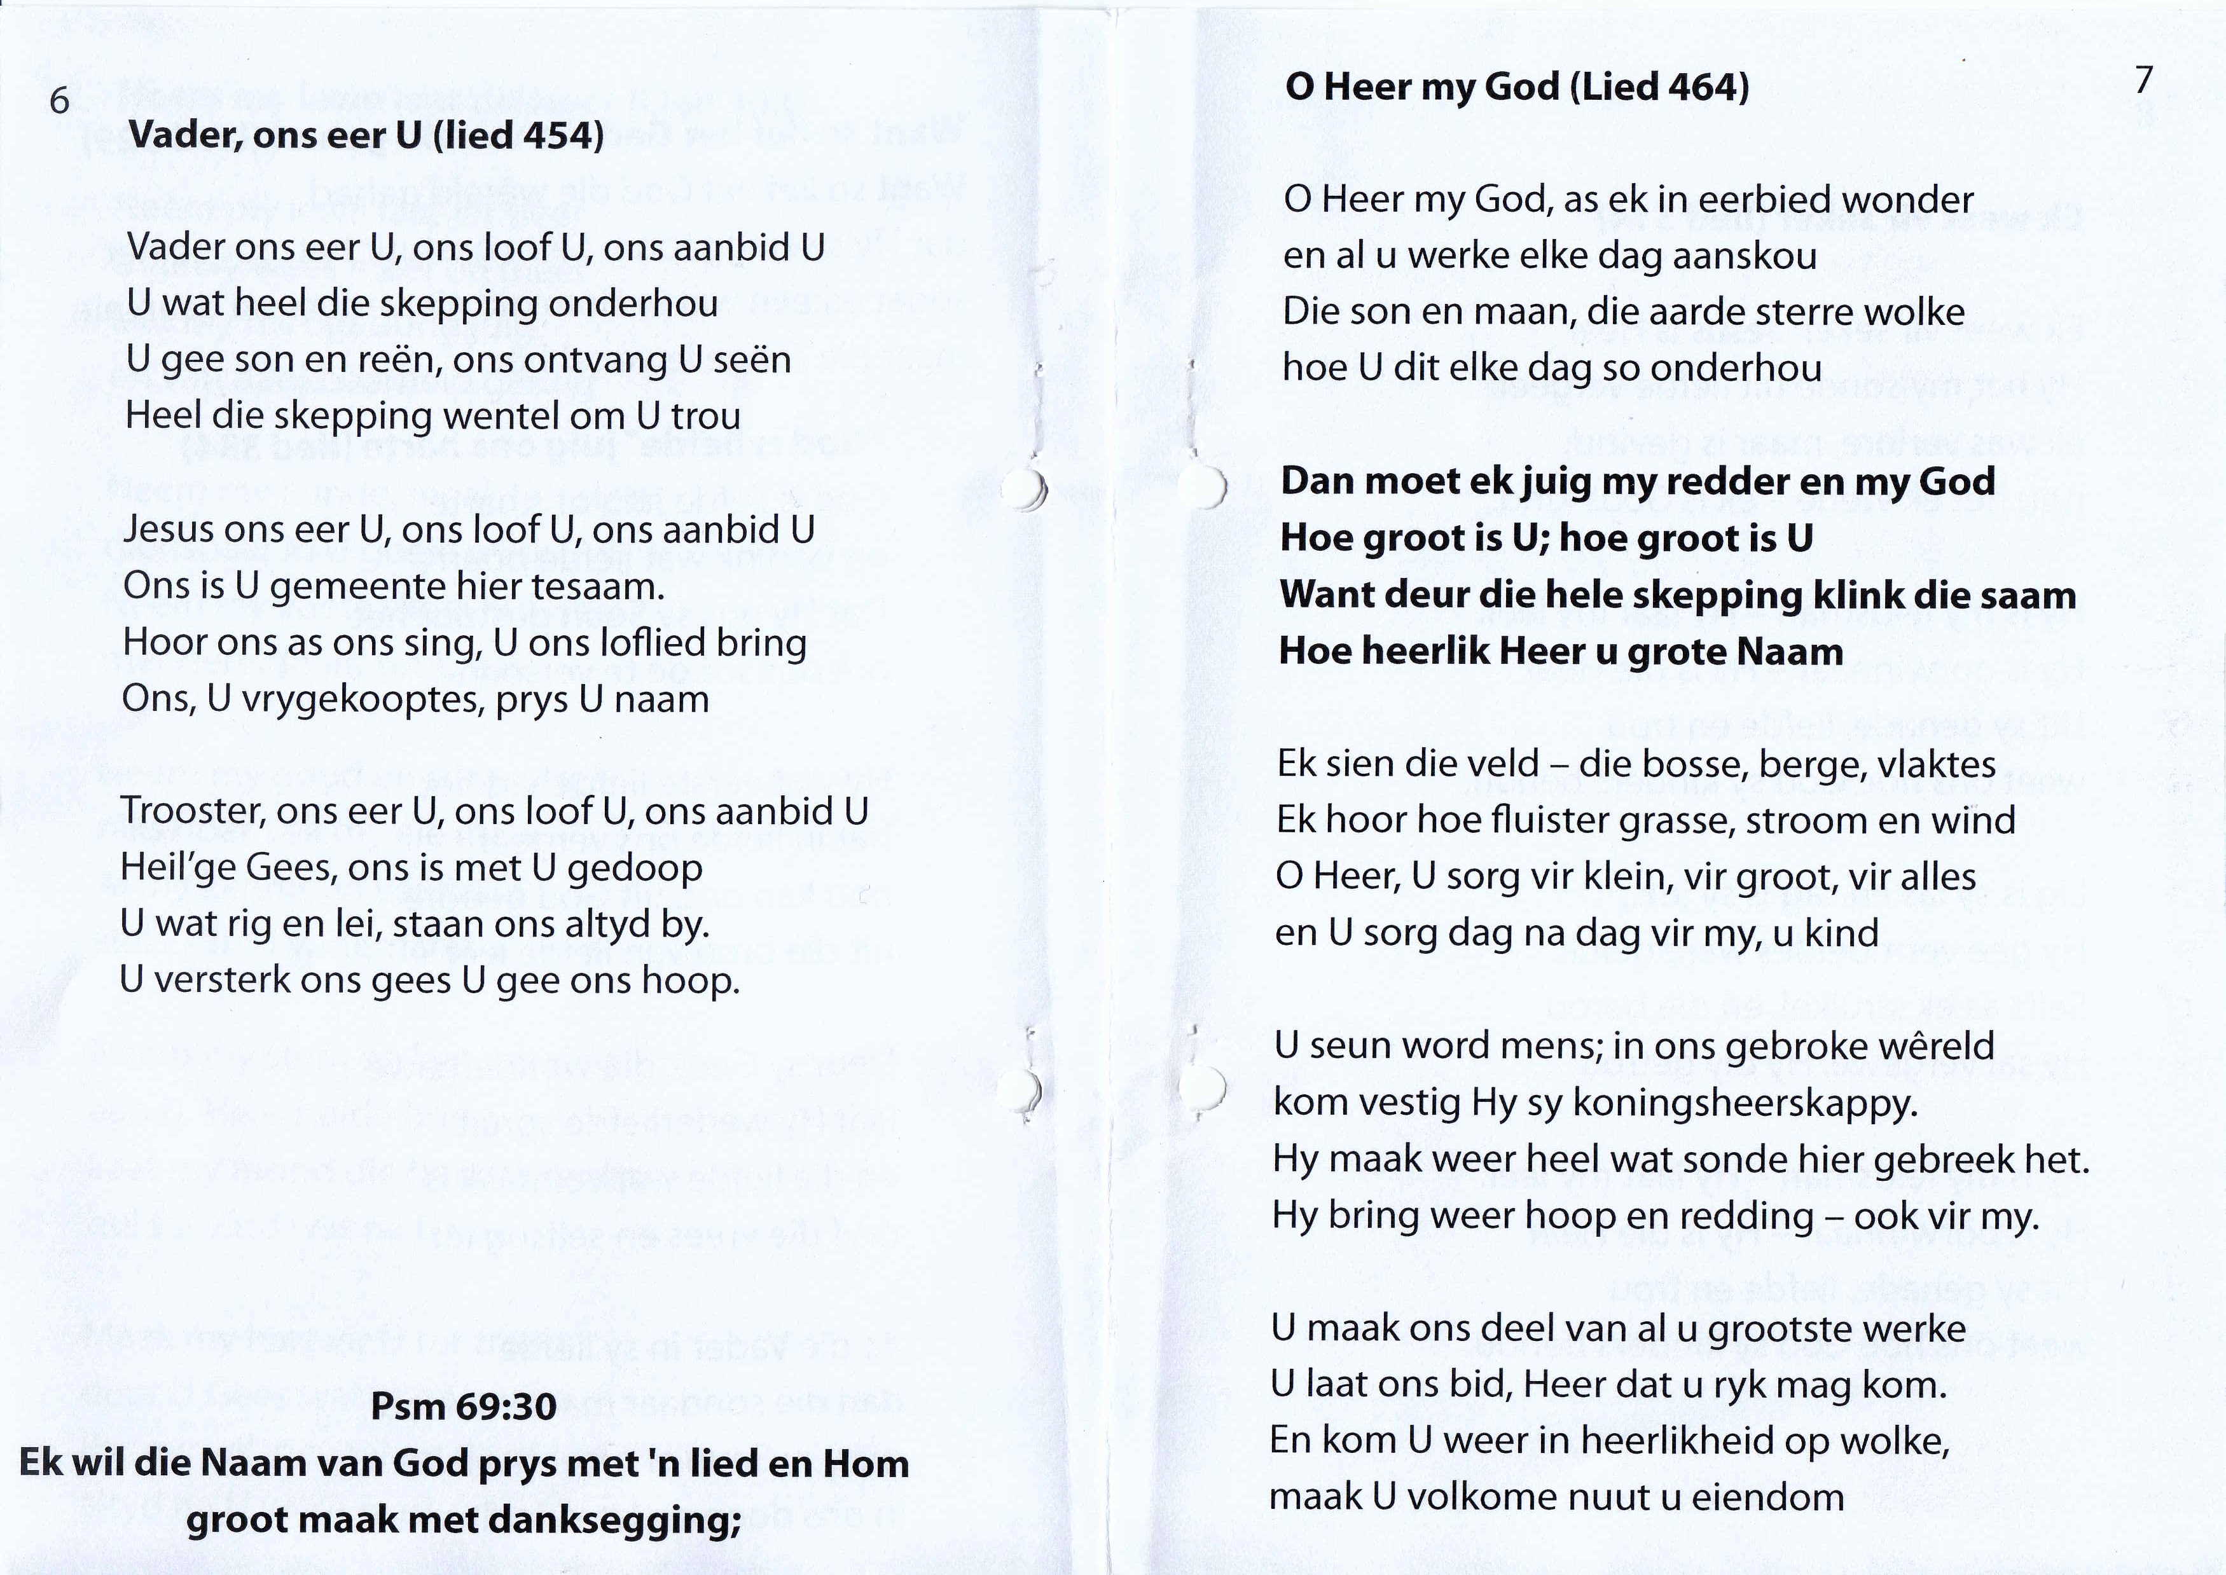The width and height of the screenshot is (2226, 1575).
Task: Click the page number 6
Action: click(x=59, y=101)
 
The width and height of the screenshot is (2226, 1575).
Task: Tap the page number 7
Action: click(x=2143, y=79)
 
